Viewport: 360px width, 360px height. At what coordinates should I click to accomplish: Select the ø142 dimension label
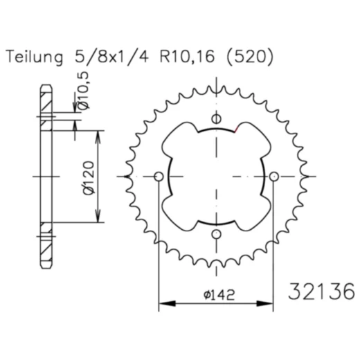217,294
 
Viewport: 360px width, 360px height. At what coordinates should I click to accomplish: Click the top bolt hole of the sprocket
217,119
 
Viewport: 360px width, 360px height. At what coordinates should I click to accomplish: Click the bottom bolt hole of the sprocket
217,235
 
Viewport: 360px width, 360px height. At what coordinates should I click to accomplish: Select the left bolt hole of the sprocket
159,178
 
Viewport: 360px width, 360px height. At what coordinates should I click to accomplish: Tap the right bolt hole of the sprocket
275,178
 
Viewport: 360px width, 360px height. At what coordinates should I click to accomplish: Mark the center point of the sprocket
217,178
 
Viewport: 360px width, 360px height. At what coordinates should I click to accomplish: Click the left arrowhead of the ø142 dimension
163,303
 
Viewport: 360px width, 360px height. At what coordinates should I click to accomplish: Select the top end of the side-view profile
46,86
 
